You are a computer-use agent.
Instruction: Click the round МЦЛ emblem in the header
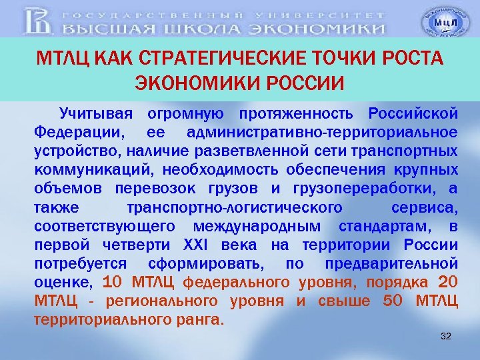[x=441, y=23]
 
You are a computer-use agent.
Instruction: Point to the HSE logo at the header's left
[x=39, y=22]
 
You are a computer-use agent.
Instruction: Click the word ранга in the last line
[x=199, y=319]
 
